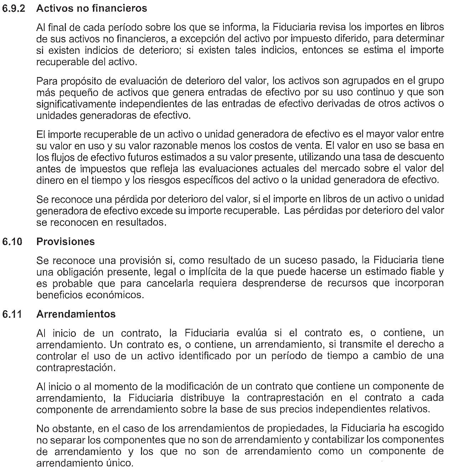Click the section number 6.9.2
[x=14, y=9]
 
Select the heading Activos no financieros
[x=92, y=9]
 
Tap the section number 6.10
[x=12, y=242]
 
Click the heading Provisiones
[x=66, y=242]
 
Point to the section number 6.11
[x=12, y=314]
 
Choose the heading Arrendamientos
[x=76, y=314]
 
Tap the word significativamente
[x=77, y=104]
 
